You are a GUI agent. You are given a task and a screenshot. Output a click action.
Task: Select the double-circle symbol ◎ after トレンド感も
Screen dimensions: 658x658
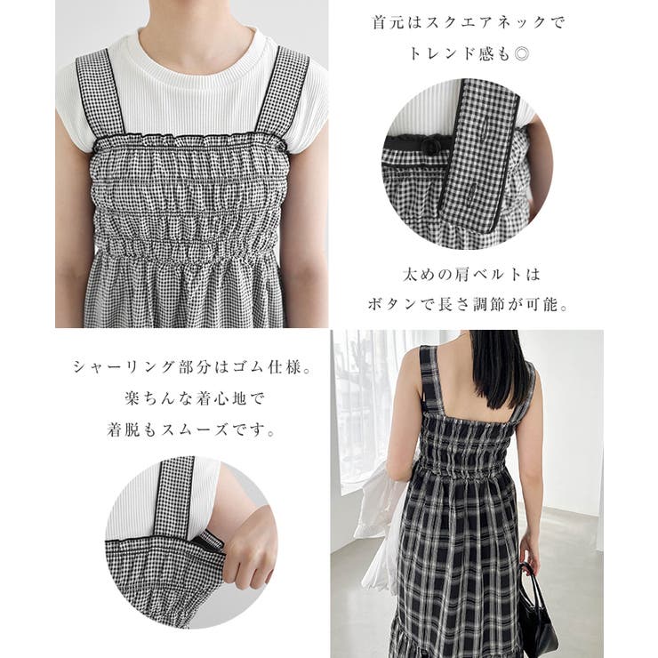coord(522,54)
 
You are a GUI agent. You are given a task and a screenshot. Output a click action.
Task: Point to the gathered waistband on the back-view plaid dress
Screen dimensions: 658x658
coord(466,471)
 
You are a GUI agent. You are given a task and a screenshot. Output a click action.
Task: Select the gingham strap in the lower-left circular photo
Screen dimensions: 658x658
coord(175,497)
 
